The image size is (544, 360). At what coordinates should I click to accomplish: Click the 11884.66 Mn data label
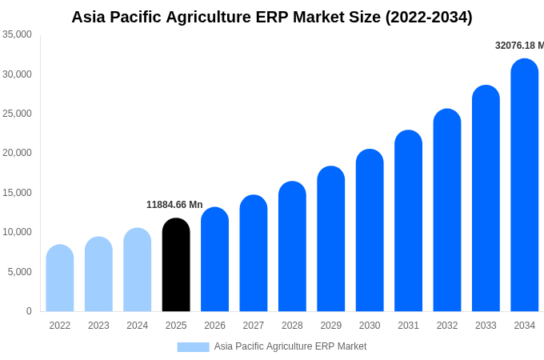[x=174, y=205]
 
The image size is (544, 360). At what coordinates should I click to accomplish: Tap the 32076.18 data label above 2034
[x=518, y=46]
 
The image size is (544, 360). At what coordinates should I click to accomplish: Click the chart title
[x=272, y=17]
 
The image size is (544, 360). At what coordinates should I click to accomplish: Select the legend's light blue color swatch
[x=193, y=346]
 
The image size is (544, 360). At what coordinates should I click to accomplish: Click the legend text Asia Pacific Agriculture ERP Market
[x=290, y=346]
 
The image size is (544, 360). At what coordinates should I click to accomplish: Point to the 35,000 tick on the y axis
[x=17, y=34]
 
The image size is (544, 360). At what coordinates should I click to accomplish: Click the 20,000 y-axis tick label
[x=17, y=153]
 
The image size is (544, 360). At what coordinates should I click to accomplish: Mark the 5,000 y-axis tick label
[x=19, y=272]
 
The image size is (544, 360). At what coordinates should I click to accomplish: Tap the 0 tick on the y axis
[x=29, y=311]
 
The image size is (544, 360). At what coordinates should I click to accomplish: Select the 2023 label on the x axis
[x=98, y=326]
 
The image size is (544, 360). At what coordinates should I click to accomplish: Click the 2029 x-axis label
[x=331, y=326]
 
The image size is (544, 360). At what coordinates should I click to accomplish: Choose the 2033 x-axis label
[x=486, y=326]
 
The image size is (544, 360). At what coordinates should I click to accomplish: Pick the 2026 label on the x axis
[x=214, y=326]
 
